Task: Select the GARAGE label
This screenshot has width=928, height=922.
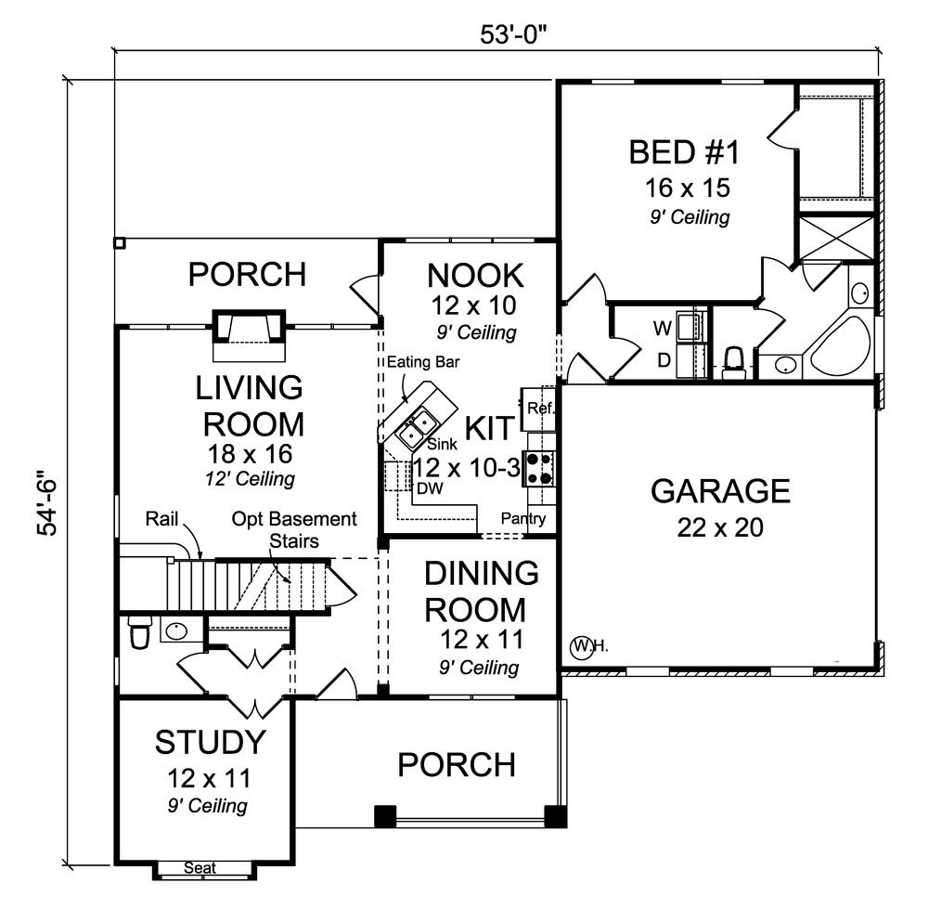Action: pos(720,490)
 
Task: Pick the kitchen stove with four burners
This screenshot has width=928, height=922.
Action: pos(539,468)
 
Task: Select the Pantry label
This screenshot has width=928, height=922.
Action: pos(523,519)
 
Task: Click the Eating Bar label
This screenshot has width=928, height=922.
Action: pos(423,361)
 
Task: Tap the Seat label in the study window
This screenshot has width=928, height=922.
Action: pos(200,868)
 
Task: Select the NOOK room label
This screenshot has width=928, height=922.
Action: pos(475,275)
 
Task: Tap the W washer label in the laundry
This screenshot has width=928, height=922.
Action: pos(662,328)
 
